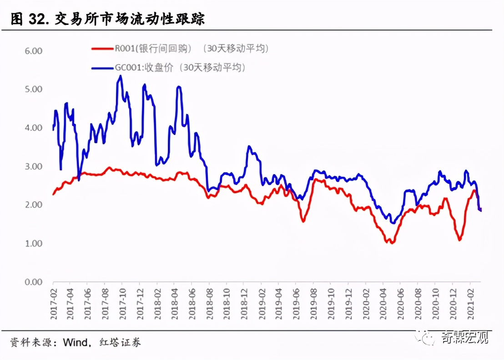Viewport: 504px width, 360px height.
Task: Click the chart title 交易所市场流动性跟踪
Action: [129, 19]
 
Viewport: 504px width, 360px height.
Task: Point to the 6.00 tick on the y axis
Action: [33, 51]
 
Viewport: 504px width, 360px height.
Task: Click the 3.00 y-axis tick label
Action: [33, 167]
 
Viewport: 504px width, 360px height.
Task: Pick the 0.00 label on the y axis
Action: [33, 282]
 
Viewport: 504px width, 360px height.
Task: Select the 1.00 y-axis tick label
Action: [33, 244]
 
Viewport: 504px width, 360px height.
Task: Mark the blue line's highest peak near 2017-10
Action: [121, 76]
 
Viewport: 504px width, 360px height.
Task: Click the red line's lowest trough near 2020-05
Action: [391, 243]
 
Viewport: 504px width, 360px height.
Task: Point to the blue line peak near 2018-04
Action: [179, 86]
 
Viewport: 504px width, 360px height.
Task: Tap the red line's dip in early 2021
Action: [459, 240]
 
